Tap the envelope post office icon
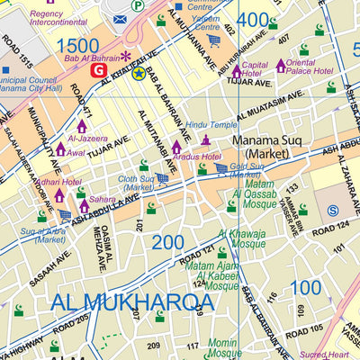point(120,19)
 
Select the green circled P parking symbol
point(137,5)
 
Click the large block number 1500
point(78,45)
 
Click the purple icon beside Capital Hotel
point(237,70)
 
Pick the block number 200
point(168,243)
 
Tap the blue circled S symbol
point(333,211)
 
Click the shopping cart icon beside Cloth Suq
point(162,178)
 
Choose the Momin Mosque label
point(223,349)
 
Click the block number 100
point(306,288)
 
